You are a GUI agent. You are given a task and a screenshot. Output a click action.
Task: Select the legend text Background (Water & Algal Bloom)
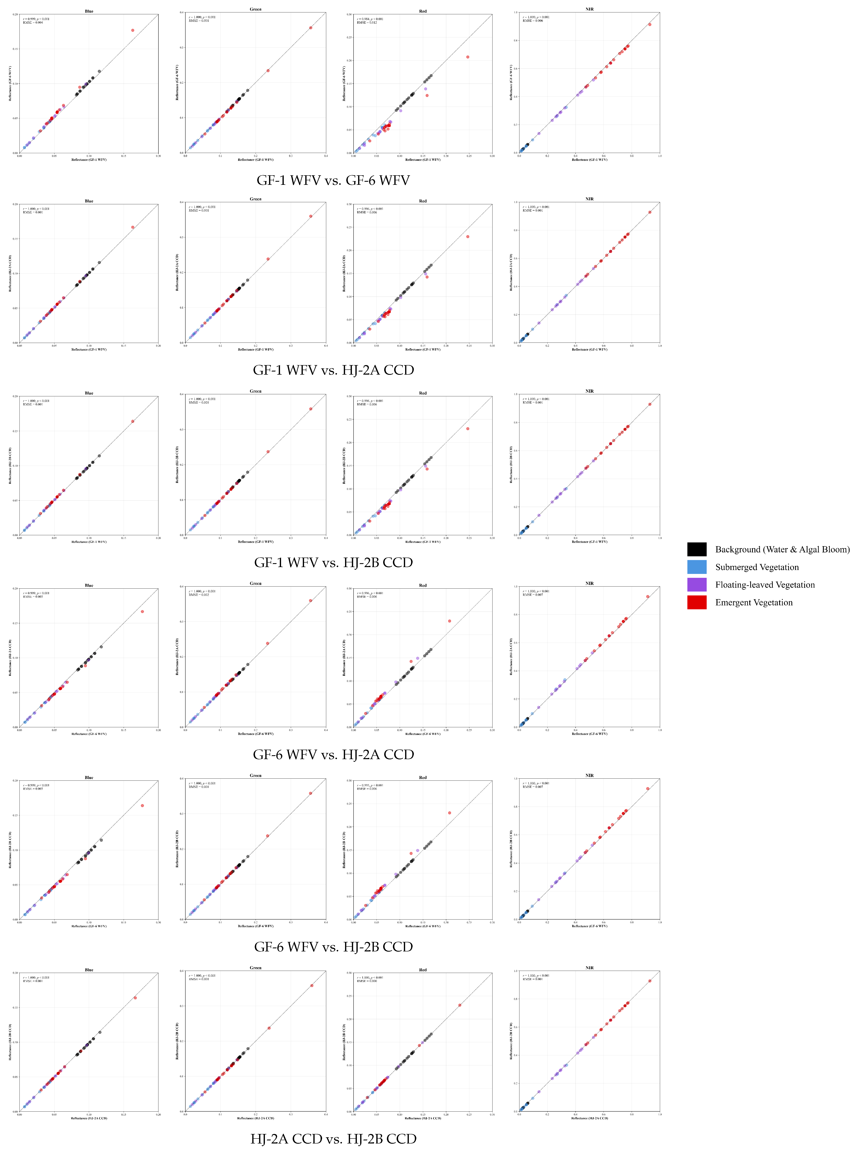pyautogui.click(x=782, y=549)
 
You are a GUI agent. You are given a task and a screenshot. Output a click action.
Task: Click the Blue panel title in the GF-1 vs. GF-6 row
pyautogui.click(x=89, y=11)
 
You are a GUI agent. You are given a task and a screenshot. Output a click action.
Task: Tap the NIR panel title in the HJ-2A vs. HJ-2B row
pyautogui.click(x=590, y=967)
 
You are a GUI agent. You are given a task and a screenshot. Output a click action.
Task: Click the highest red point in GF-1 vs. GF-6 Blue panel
pyautogui.click(x=133, y=31)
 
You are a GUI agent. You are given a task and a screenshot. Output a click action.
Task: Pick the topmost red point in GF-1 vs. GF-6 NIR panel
pyautogui.click(x=650, y=24)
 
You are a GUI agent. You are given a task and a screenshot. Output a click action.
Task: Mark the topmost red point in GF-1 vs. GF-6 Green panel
pyautogui.click(x=310, y=28)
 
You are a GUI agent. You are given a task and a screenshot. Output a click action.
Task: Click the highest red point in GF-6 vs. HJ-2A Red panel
pyautogui.click(x=449, y=621)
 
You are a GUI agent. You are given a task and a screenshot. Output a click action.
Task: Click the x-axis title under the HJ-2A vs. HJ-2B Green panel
pyautogui.click(x=255, y=1118)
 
